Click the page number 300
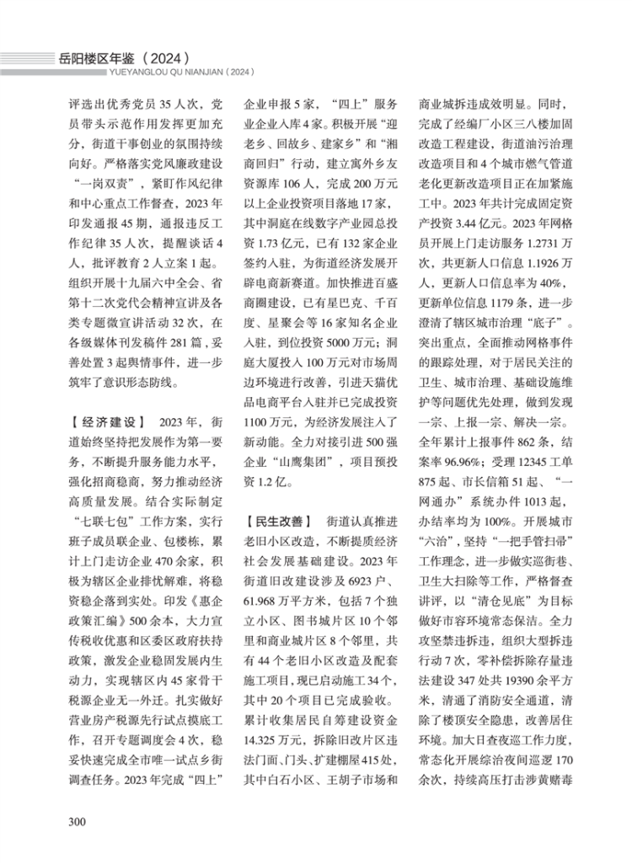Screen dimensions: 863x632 pyautogui.click(x=77, y=821)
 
